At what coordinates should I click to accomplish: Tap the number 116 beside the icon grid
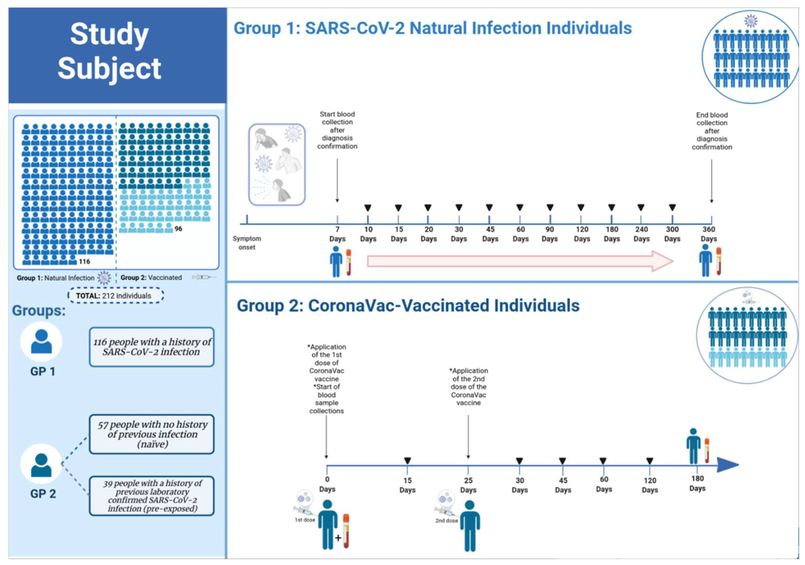point(84,262)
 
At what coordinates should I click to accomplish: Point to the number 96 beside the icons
point(179,229)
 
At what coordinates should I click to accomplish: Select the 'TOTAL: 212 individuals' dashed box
point(115,296)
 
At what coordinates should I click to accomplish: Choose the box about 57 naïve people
point(152,434)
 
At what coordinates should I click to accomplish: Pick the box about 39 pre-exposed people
point(152,496)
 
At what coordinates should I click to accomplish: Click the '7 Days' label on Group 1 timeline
point(337,234)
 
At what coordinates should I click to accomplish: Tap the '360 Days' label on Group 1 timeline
point(709,234)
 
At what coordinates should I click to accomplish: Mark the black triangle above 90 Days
point(550,208)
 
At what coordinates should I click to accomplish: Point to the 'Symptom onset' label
point(247,243)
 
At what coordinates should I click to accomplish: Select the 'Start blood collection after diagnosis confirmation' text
point(337,130)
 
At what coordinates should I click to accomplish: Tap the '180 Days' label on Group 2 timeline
point(697,483)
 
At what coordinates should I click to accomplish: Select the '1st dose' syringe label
point(305,520)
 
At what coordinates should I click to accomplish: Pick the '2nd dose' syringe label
point(446,521)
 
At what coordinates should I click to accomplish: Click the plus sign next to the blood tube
point(338,538)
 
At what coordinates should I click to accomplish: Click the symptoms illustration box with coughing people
point(277,164)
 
